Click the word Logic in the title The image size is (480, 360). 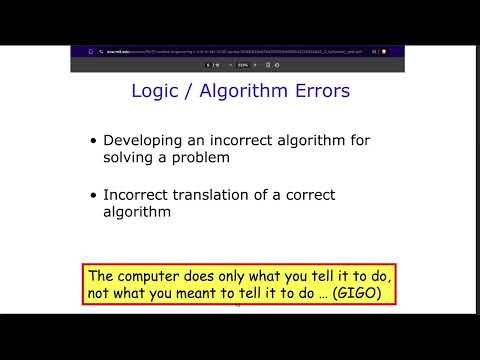154,92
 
